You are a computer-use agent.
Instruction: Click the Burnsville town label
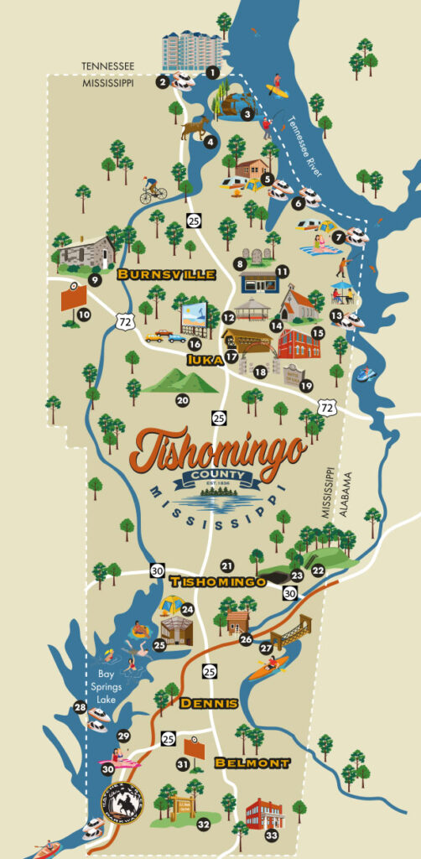tap(166, 274)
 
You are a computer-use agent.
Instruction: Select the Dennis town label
tap(208, 703)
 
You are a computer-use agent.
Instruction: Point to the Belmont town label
tap(252, 763)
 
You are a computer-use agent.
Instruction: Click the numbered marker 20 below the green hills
tap(182, 401)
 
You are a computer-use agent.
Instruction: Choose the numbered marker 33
tap(271, 836)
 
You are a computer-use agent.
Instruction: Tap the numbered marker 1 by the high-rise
tap(212, 73)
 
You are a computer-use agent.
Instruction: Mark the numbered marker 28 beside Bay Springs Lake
tap(81, 708)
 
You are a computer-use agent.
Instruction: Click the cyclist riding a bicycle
tap(152, 190)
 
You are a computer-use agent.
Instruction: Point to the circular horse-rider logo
tap(122, 802)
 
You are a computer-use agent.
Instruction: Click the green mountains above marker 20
tap(180, 383)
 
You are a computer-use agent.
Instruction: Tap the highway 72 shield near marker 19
tap(327, 407)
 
